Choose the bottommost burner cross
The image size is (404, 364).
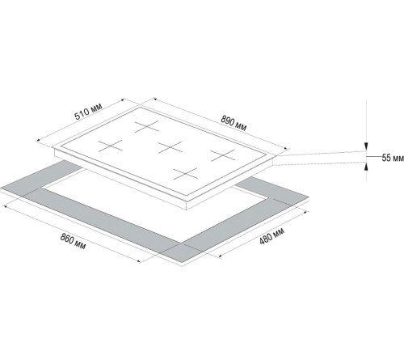click(186, 171)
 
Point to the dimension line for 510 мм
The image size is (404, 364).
click(89, 121)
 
